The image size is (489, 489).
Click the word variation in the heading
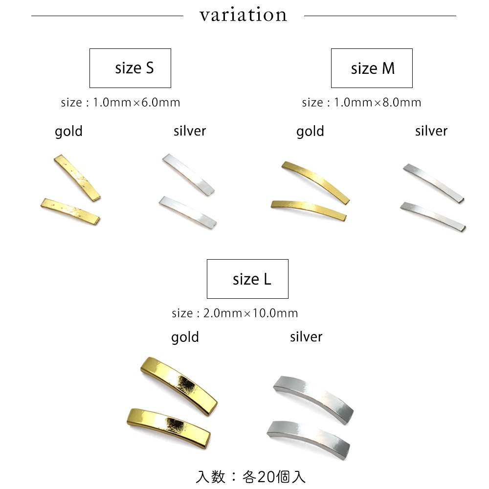click(x=243, y=15)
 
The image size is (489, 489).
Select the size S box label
click(x=134, y=68)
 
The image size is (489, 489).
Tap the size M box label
click(x=373, y=68)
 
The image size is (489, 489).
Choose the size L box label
click(x=252, y=279)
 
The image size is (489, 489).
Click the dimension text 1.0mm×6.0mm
click(x=136, y=102)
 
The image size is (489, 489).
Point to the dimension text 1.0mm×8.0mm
click(x=378, y=102)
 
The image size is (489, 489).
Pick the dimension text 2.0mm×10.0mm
click(x=251, y=313)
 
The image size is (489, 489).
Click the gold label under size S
click(x=68, y=132)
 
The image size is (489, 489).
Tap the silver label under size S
click(x=190, y=131)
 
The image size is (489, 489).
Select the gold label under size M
click(x=310, y=132)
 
